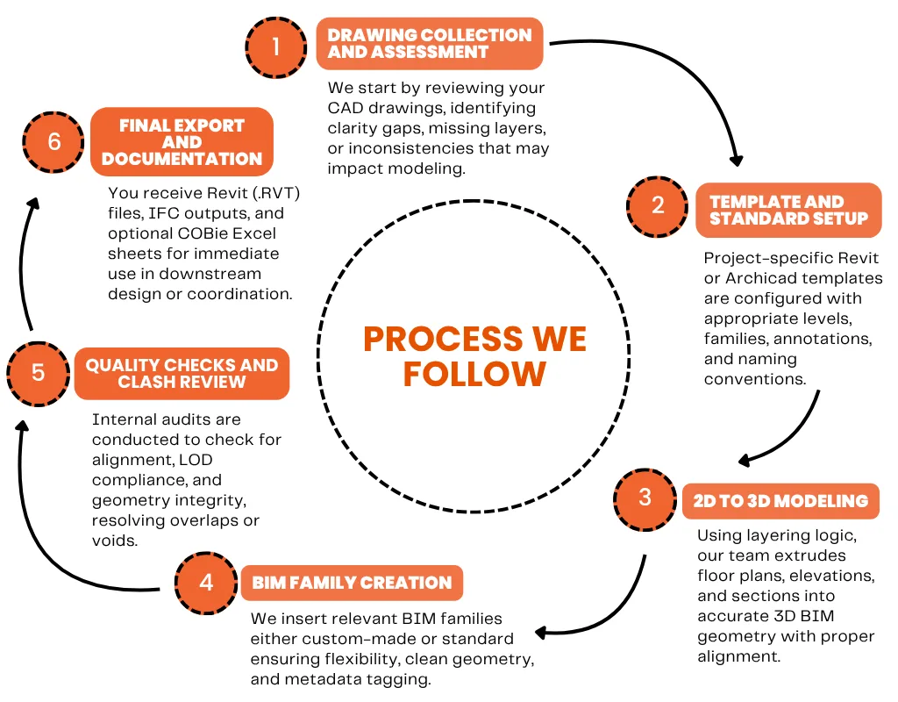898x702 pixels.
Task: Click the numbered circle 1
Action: (x=276, y=46)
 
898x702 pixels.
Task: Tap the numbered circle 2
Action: (x=658, y=206)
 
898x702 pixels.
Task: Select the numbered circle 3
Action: (x=645, y=498)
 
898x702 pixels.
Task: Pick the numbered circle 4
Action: (x=206, y=583)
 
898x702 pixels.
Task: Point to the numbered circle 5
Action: (x=38, y=372)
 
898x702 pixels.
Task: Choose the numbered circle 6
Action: (x=54, y=141)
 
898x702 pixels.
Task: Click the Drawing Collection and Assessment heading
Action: (x=430, y=44)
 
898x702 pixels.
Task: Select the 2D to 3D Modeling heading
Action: (x=780, y=501)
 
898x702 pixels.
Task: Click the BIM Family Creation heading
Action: (x=352, y=583)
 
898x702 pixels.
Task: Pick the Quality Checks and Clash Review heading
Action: (x=182, y=374)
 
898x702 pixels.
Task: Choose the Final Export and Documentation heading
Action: (x=182, y=142)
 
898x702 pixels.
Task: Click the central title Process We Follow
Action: (x=474, y=356)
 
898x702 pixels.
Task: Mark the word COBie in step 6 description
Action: (x=193, y=233)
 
